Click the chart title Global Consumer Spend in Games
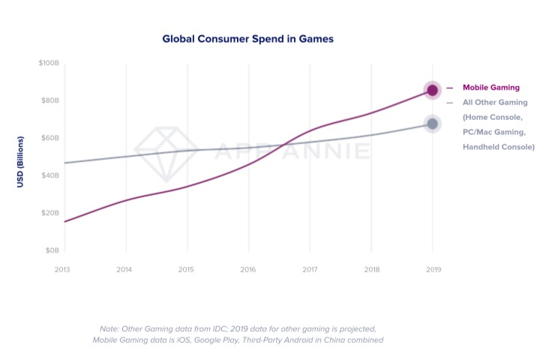point(247,37)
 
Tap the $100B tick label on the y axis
point(49,63)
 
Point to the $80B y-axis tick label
point(49,100)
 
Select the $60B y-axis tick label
point(49,138)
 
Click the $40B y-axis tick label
point(49,175)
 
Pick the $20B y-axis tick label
point(49,213)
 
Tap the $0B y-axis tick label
point(51,250)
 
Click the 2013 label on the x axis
point(64,268)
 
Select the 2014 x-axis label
point(126,268)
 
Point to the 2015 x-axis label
point(187,268)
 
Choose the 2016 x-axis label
point(248,268)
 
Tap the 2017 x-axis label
point(310,268)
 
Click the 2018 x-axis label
point(370,268)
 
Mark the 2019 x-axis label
point(432,268)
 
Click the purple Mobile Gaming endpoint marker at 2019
point(432,90)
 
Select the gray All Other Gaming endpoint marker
point(432,124)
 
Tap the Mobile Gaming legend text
point(490,87)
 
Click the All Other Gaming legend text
point(495,102)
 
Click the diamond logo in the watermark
point(166,152)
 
